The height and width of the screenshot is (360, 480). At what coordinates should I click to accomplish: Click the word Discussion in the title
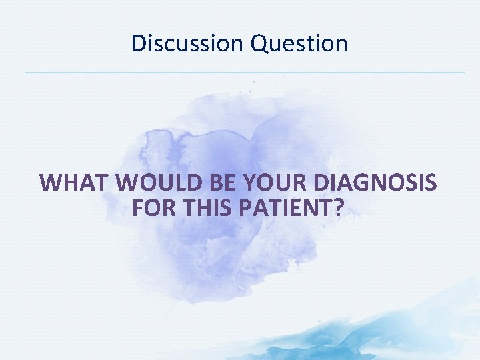pyautogui.click(x=188, y=43)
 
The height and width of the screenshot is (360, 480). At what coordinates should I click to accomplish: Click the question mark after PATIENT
pyautogui.click(x=339, y=209)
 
